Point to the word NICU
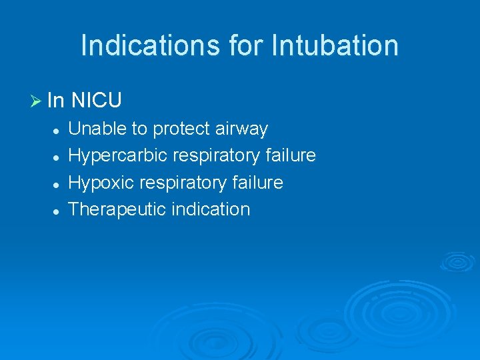click(96, 101)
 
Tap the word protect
click(177, 129)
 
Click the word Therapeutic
click(117, 209)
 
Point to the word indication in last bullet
click(211, 209)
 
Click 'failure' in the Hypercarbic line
click(290, 155)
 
